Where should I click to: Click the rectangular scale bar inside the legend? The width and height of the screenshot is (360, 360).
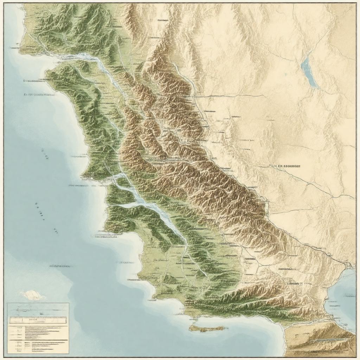coord(38,320)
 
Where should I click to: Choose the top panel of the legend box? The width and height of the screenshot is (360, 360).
coord(38,309)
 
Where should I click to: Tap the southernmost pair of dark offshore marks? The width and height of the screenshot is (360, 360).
coord(56,230)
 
